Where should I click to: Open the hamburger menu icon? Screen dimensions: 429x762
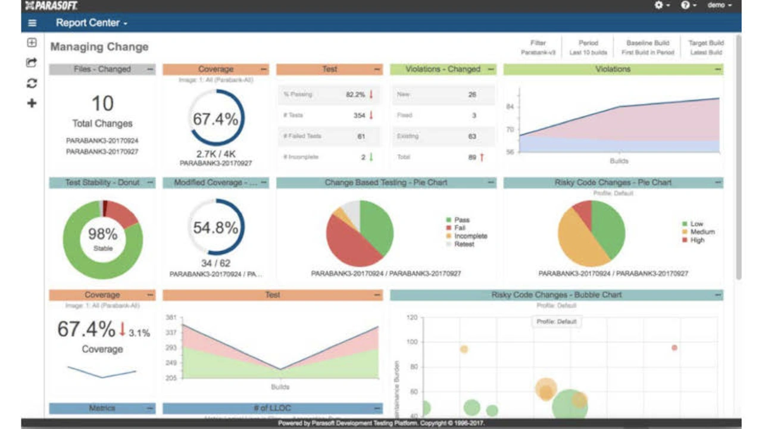point(32,23)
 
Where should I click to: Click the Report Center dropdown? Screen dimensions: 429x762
point(92,23)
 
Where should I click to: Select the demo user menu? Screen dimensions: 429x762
point(719,5)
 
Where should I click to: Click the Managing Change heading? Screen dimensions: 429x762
point(99,46)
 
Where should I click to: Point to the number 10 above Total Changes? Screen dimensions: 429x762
point(102,104)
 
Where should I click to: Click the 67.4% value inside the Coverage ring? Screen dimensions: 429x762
point(216,119)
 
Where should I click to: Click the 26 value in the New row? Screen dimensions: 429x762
point(473,94)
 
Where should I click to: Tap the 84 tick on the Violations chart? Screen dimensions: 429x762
point(510,107)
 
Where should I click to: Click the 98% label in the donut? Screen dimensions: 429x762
point(102,234)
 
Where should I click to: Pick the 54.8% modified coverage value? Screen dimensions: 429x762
point(216,227)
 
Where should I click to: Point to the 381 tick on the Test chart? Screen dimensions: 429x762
point(171,317)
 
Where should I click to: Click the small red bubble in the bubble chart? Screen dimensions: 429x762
point(674,347)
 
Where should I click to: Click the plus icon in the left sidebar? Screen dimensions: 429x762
point(32,103)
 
